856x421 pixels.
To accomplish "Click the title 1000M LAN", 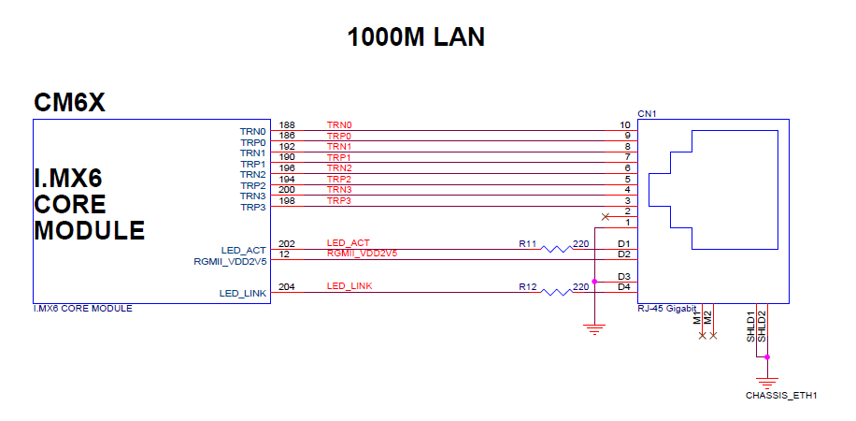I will coord(416,37).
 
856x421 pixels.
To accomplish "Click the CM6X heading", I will coord(69,102).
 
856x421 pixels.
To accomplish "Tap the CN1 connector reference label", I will coord(647,113).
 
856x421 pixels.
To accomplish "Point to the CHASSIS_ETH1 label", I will coord(781,396).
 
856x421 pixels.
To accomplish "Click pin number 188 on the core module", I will coord(287,125).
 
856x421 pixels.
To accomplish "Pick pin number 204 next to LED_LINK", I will coord(287,286).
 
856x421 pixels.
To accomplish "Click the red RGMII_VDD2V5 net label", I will coord(363,254).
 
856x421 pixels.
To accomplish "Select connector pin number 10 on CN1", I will coord(625,125).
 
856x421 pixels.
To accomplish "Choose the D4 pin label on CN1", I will coord(624,286).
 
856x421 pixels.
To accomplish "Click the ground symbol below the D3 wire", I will coord(592,327).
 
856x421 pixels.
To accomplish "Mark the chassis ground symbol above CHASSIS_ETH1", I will coord(767,380).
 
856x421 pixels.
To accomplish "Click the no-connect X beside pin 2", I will coord(605,216).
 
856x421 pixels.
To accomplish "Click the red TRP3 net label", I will coord(339,201).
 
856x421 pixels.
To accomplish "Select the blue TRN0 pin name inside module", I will coord(253,132).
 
